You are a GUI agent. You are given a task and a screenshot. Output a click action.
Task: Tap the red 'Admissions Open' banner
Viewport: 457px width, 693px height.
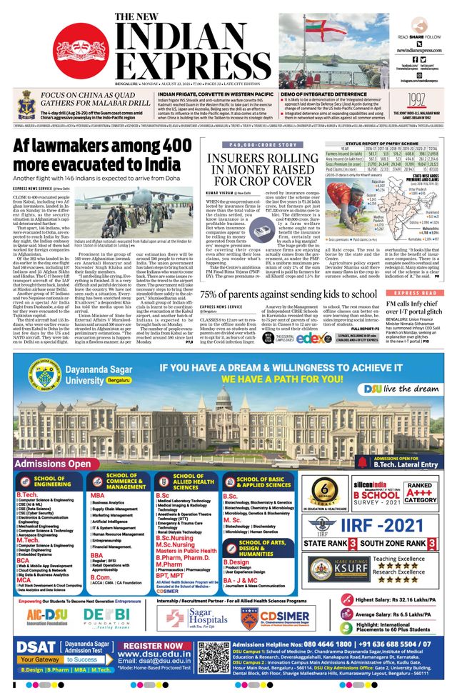coord(59,444)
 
